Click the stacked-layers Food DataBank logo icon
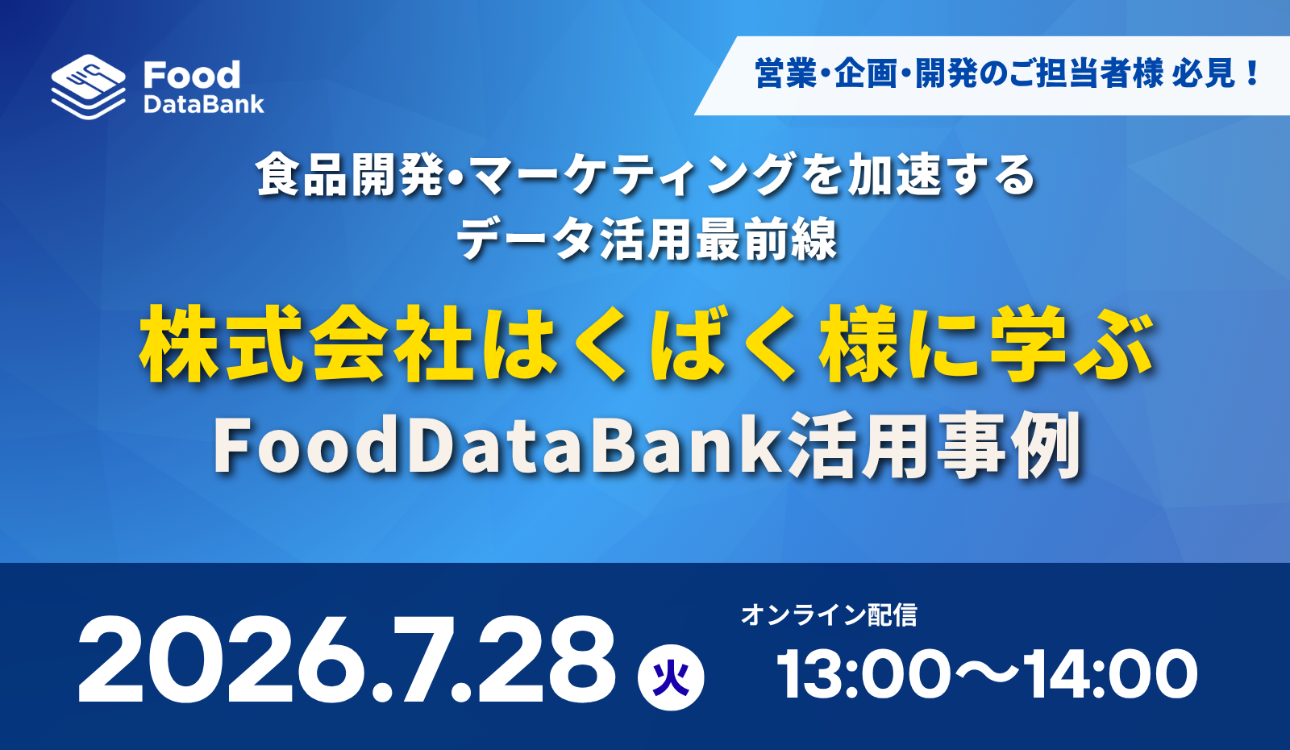click(88, 87)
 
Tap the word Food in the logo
click(192, 76)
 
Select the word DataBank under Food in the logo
click(204, 104)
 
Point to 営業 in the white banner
click(786, 74)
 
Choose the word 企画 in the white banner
click(866, 74)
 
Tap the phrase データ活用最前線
click(647, 239)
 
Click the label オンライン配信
click(829, 615)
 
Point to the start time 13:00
click(863, 674)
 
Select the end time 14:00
click(1110, 674)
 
